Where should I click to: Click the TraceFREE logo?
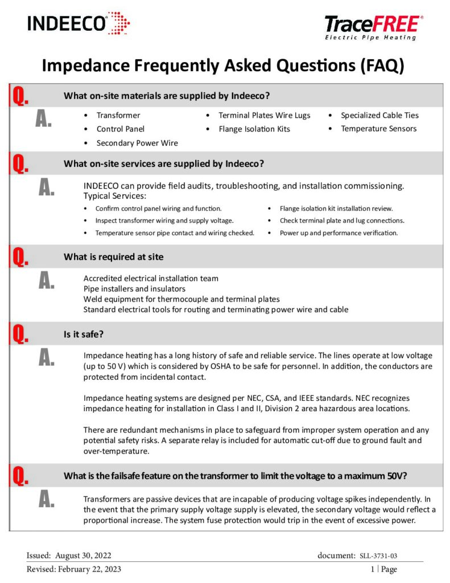coord(374,27)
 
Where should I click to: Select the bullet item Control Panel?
coord(121,129)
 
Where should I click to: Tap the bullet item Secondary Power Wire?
coord(137,143)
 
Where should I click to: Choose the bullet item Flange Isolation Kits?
coord(254,129)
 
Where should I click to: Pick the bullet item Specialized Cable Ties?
coord(379,115)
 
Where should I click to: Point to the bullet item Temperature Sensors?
coord(378,129)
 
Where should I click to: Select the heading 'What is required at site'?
coord(113,257)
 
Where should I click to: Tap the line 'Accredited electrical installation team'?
coord(151,278)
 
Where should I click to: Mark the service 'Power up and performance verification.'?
coord(338,233)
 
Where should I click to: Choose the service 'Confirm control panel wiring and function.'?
coord(158,208)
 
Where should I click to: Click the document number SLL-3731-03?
coord(382,556)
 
